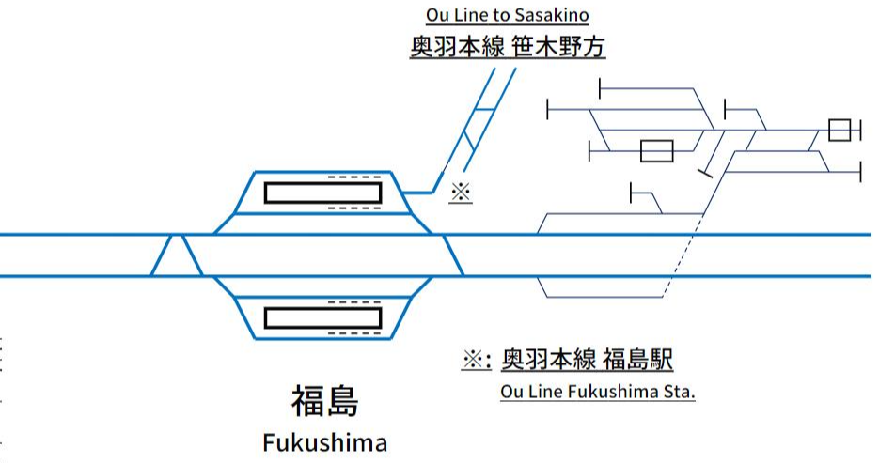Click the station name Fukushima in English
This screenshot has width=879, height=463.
pyautogui.click(x=324, y=442)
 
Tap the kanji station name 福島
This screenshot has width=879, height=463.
pyautogui.click(x=324, y=402)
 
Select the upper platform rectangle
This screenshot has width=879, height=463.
pyautogui.click(x=323, y=193)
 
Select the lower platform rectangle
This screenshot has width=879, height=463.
pyautogui.click(x=323, y=317)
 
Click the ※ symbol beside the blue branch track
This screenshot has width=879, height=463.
pyautogui.click(x=460, y=192)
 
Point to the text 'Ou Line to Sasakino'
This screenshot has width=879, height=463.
pyautogui.click(x=508, y=16)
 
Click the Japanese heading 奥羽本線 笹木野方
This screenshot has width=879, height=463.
pyautogui.click(x=507, y=47)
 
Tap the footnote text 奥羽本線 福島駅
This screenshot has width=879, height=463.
pyautogui.click(x=588, y=360)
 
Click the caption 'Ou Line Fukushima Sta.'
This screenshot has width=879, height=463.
pyautogui.click(x=598, y=392)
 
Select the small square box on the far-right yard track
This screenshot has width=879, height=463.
pyautogui.click(x=839, y=130)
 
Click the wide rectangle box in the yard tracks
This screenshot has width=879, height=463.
pyautogui.click(x=656, y=151)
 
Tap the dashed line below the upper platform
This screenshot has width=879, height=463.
pyautogui.click(x=354, y=208)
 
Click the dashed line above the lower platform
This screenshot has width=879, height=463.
pyautogui.click(x=354, y=302)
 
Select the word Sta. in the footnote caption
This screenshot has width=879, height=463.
pyautogui.click(x=681, y=392)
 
